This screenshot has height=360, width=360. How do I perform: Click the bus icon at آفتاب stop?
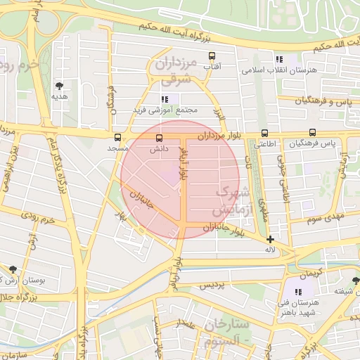point(212,56)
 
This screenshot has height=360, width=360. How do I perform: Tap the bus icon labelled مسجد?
point(117,137)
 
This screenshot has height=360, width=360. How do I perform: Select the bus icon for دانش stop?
point(159,137)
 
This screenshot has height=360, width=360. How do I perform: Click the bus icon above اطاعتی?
point(264,132)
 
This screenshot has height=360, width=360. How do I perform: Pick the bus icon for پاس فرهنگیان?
point(312,132)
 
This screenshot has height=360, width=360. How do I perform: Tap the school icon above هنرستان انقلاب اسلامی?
point(279,60)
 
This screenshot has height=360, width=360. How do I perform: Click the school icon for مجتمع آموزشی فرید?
point(165,100)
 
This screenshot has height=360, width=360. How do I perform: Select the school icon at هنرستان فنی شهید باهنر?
point(298,291)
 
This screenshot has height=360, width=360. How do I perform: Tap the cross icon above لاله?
point(270,239)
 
